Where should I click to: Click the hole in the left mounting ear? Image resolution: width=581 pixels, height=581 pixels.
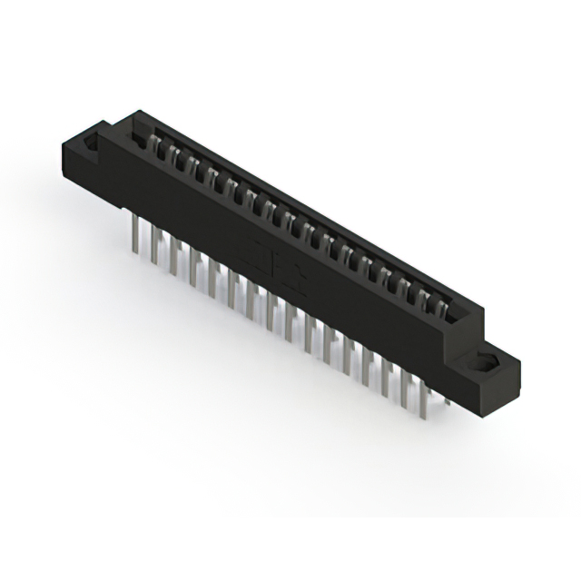92,143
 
